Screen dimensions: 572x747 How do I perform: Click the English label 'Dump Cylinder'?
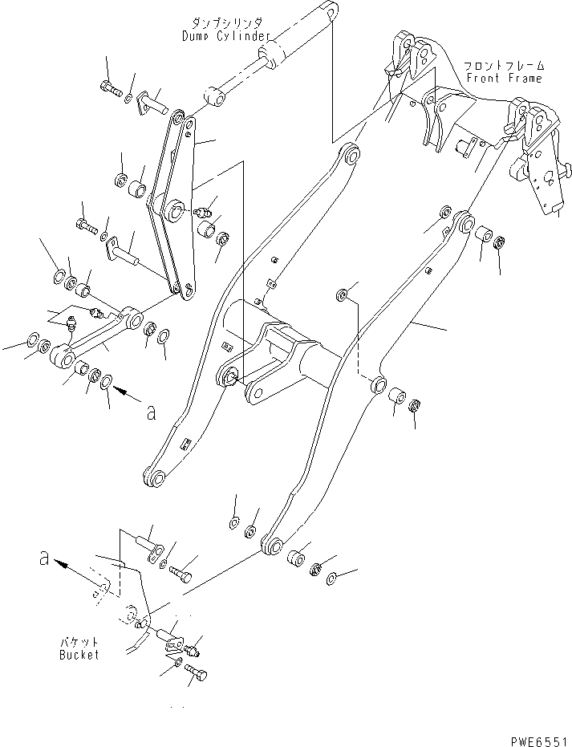tap(226, 36)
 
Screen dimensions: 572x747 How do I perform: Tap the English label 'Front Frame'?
tap(505, 78)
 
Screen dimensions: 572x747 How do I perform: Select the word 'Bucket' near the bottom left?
tap(79, 655)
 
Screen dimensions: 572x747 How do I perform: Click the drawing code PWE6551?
tap(541, 741)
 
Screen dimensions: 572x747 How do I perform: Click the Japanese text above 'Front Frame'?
tap(505, 65)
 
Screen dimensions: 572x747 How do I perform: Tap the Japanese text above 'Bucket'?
tap(79, 642)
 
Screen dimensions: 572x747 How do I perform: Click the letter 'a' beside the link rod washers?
tap(151, 412)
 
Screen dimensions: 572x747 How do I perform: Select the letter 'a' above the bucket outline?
tap(44, 558)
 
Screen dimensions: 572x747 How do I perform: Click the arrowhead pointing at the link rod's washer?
tap(120, 391)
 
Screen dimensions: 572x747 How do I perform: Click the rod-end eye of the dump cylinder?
tap(217, 97)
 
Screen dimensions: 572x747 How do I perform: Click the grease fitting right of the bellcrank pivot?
tap(205, 210)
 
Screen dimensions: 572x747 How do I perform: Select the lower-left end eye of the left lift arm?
tap(153, 478)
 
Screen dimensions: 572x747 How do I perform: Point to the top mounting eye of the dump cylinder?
tap(331, 9)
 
